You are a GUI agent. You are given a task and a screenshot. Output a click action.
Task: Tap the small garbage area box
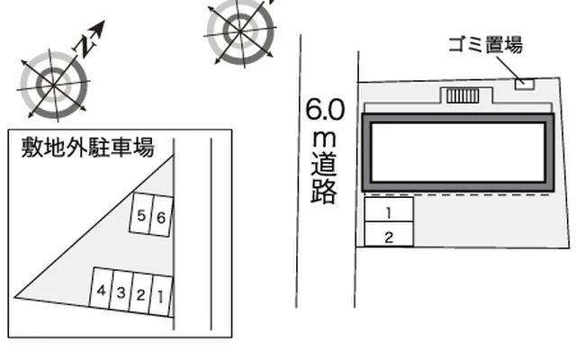click(x=523, y=84)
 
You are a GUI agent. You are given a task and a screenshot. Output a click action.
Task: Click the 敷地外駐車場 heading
click(x=86, y=148)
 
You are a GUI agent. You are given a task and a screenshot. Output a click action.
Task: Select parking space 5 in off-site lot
click(x=142, y=216)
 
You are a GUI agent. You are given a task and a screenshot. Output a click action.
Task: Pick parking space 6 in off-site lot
click(x=159, y=217)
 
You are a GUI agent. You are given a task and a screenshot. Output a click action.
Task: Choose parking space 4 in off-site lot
click(x=103, y=292)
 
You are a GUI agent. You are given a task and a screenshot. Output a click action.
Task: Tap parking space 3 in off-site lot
click(x=121, y=292)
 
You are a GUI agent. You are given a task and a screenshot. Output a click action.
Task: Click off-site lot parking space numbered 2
click(x=140, y=293)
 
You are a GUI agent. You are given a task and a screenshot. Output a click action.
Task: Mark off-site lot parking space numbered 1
click(x=158, y=295)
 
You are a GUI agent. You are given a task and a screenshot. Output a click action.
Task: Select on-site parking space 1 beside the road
click(x=388, y=214)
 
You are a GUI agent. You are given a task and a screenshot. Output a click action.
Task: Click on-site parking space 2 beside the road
click(x=388, y=237)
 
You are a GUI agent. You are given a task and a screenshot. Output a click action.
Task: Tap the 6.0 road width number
click(x=324, y=112)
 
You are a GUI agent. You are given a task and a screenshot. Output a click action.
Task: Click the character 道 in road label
click(x=324, y=166)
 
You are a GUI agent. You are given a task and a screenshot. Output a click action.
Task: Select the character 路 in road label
click(x=324, y=192)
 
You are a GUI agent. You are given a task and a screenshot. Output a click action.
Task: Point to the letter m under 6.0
click(x=324, y=139)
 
